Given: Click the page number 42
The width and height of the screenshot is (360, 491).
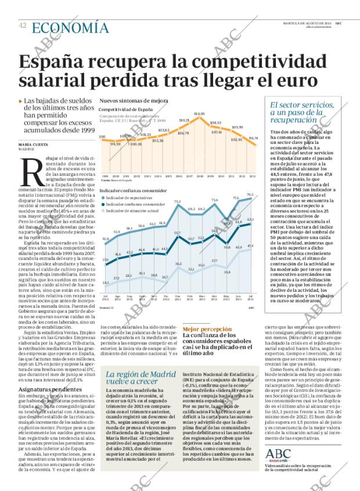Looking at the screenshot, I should click(x=22, y=26).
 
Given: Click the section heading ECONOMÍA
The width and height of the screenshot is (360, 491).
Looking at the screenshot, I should click(x=70, y=27).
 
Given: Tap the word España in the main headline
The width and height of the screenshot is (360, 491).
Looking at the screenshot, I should click(x=57, y=62).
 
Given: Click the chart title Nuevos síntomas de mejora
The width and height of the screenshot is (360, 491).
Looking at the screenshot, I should click(x=134, y=100).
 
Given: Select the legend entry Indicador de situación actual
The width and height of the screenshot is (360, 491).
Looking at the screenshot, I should click(x=134, y=211).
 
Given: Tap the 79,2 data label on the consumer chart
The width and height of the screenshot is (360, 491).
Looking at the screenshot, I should click(x=250, y=194).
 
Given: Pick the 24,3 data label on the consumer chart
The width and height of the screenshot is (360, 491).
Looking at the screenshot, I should click(x=106, y=283).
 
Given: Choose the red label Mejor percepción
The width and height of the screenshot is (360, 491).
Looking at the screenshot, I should click(x=203, y=328).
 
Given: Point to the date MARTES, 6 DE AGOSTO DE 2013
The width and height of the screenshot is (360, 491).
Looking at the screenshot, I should click(x=308, y=23).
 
